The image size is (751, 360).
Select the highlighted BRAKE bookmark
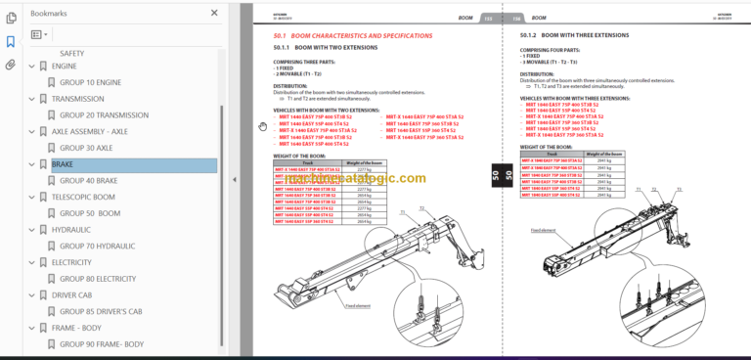click(63, 164)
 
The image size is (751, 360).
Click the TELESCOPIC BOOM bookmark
click(83, 197)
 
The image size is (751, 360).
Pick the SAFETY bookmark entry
click(71, 53)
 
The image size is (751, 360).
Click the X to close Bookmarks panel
click(214, 14)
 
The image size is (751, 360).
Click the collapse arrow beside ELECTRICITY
click(31, 262)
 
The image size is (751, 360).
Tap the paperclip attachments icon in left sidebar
click(11, 66)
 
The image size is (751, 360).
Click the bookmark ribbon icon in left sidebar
click(11, 42)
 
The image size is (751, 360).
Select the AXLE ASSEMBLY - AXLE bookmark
click(90, 131)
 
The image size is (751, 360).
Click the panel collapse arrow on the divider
click(234, 180)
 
